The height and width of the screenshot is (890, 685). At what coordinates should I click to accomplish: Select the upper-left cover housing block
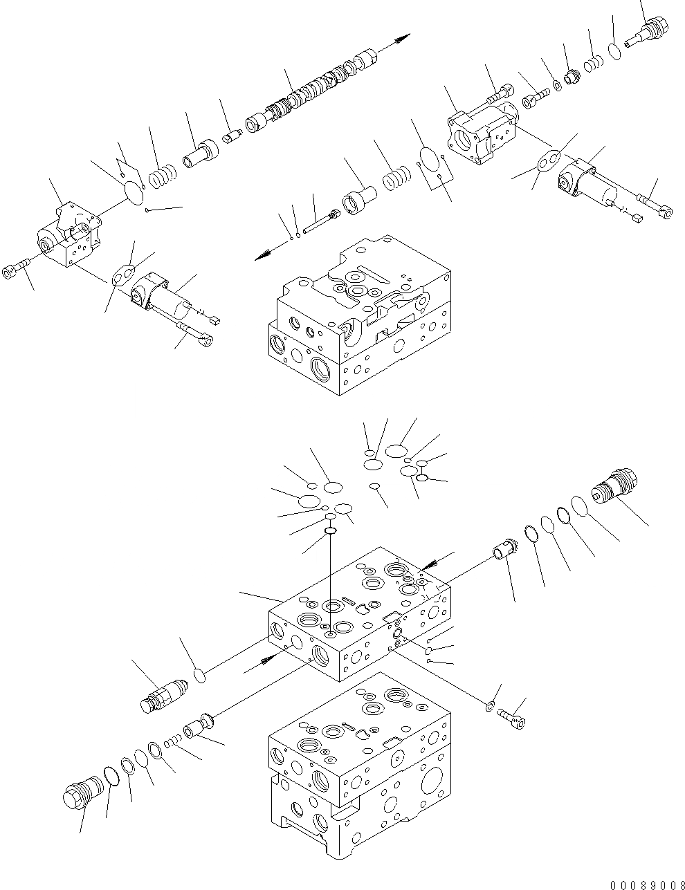click(x=69, y=232)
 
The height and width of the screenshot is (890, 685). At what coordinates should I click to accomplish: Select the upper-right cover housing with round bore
click(x=482, y=135)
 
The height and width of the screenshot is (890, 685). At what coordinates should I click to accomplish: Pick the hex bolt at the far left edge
click(x=15, y=271)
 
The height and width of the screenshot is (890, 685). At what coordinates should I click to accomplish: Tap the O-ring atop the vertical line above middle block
click(x=331, y=530)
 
